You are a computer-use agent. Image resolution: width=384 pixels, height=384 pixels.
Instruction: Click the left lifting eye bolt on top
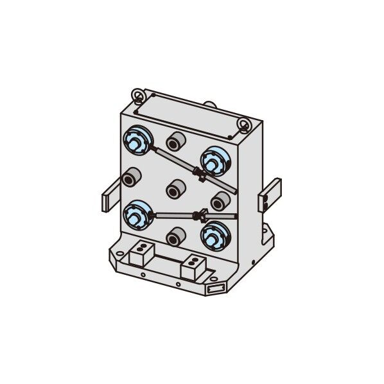(137, 96)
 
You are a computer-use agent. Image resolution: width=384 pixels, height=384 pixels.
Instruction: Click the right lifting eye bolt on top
(245, 123)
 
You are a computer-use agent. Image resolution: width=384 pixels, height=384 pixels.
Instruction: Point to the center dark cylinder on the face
(175, 188)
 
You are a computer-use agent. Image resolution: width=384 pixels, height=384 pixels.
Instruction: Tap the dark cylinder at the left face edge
(132, 177)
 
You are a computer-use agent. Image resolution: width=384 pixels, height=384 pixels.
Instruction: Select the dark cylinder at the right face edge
(220, 202)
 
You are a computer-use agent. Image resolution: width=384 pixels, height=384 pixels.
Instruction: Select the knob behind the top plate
(211, 103)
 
